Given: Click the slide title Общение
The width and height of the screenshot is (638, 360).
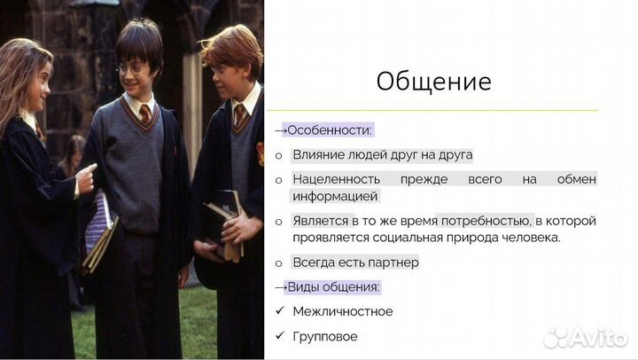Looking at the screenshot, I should (433, 82).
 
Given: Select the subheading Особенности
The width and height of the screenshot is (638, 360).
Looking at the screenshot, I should (328, 129).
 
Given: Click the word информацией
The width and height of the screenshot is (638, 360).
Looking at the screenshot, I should (336, 195).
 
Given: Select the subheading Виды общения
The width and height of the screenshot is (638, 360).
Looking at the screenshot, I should (336, 286).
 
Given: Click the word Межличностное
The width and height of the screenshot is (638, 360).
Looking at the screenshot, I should (342, 311).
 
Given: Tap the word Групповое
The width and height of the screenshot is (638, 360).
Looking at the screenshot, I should (325, 336).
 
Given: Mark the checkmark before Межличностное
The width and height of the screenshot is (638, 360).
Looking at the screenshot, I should (279, 311).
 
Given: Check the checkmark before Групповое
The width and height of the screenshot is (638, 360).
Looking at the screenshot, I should (279, 336).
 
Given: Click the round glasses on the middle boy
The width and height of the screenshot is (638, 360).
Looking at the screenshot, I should (131, 68).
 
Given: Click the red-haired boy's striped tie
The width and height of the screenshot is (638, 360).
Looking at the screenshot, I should (238, 116).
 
